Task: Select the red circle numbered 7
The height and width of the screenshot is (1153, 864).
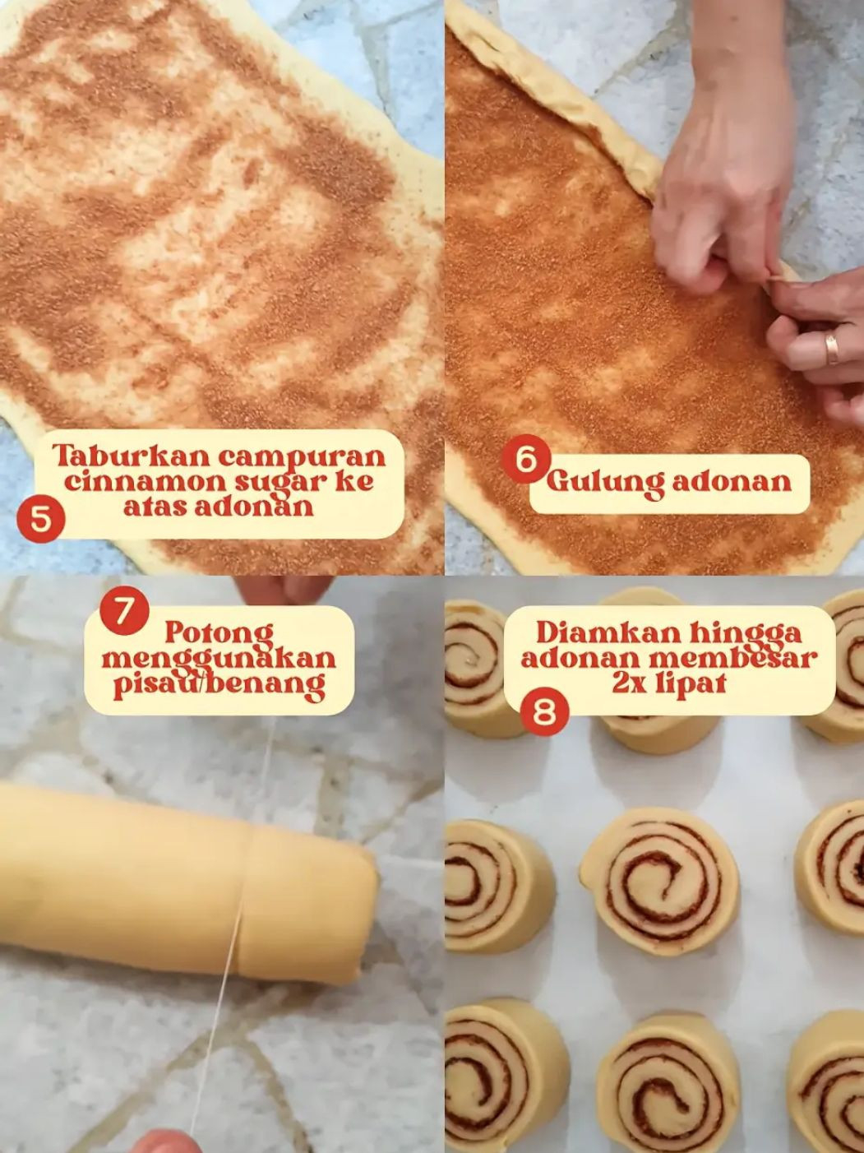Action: (x=123, y=613)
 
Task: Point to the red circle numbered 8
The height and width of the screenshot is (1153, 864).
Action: (x=544, y=711)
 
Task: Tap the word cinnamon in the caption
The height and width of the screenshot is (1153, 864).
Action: (x=135, y=480)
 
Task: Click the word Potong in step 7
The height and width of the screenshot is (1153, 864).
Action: (x=219, y=633)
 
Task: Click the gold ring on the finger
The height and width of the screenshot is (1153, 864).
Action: (x=832, y=349)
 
